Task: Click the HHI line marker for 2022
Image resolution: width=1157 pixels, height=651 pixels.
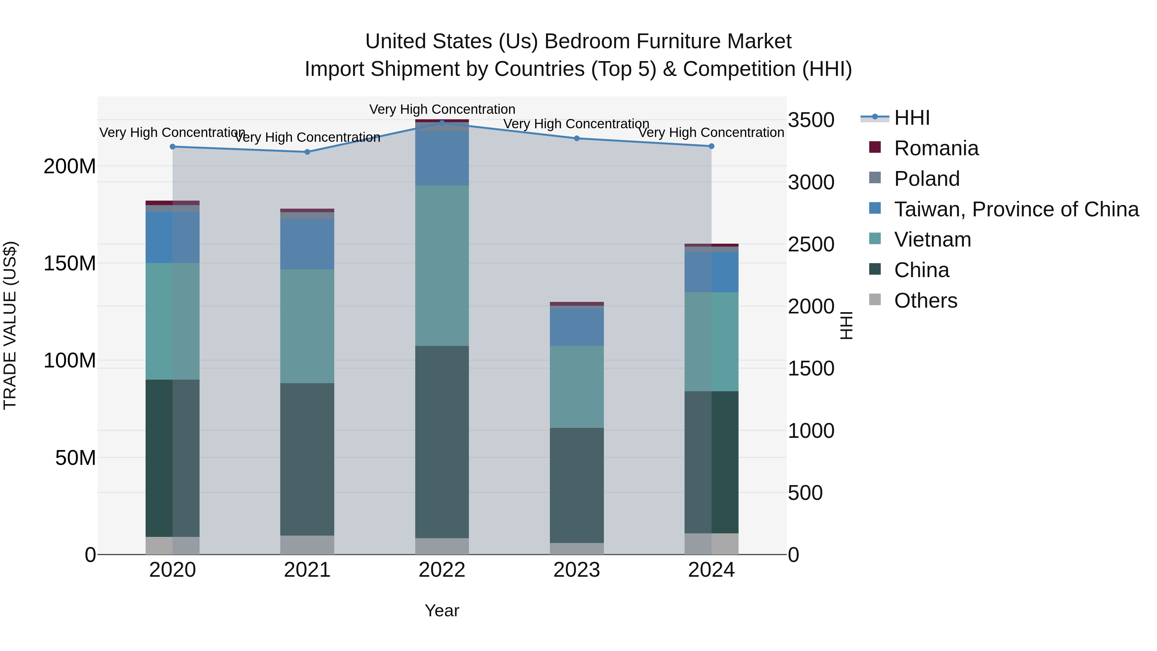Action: coord(442,123)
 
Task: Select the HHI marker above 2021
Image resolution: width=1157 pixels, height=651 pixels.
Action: coord(307,152)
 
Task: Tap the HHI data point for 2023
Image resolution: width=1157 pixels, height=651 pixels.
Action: coord(577,138)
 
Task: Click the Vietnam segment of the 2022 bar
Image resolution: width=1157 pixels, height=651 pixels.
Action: coord(442,266)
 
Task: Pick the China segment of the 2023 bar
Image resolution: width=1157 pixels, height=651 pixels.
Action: coord(577,485)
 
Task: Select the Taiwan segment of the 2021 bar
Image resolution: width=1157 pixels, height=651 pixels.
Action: coord(307,244)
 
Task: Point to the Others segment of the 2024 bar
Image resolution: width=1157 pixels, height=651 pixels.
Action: coord(712,544)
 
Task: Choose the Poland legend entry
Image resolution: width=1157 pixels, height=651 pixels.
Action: coord(927,179)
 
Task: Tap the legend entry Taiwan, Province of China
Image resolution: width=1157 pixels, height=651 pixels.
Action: coord(1016,209)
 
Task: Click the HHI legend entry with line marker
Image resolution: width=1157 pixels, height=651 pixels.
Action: coord(911,118)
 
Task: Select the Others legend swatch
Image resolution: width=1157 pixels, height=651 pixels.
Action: coord(875,300)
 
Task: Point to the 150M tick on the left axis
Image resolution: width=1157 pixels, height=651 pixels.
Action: coord(70,263)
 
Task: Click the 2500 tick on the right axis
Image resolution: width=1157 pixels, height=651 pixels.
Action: coord(811,245)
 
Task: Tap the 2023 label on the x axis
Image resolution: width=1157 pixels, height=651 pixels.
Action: coord(577,570)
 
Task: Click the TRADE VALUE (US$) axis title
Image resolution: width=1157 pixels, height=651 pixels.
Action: coord(10,325)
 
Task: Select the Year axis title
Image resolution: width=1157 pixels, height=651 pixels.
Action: coord(442,610)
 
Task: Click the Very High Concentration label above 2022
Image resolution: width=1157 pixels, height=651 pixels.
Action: coord(442,109)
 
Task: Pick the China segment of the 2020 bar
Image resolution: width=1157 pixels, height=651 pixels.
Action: coord(173,458)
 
